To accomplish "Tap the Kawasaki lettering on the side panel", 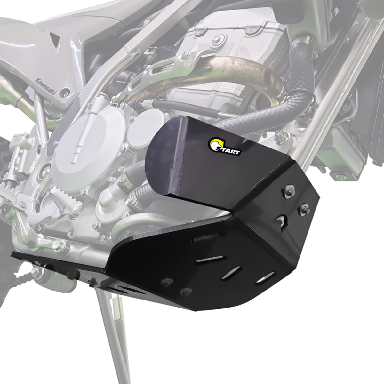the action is click(46, 87).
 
